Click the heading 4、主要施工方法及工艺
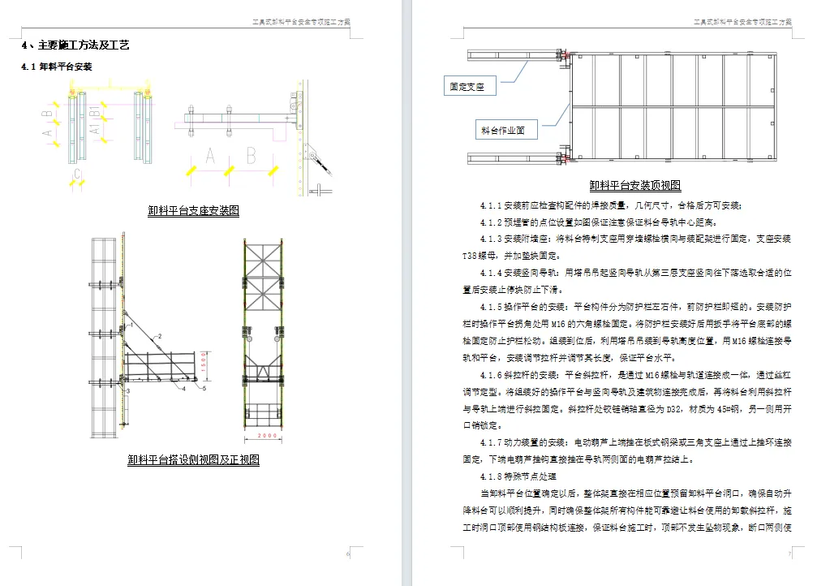coord(75,45)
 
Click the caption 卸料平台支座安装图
coord(193,210)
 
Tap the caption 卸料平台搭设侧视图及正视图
coord(193,459)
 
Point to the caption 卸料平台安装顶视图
coord(635,186)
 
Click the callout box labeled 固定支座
coord(468,86)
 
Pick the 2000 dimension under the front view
coord(267,437)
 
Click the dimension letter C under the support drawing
coord(77,173)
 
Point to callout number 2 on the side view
coord(161,335)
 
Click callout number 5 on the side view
coord(205,389)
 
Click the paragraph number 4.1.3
coord(492,239)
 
